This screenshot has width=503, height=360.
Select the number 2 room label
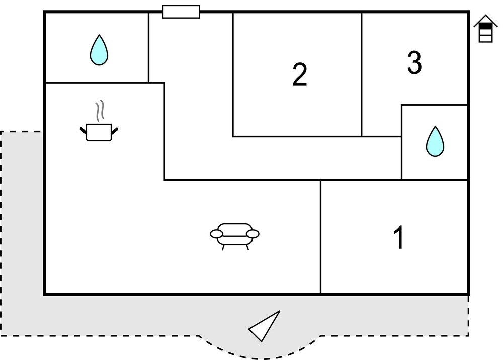click(299, 75)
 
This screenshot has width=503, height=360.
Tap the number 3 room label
click(414, 63)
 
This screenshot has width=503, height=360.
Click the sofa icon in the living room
click(234, 235)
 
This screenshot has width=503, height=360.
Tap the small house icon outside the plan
click(485, 30)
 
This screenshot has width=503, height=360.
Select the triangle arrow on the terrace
click(266, 326)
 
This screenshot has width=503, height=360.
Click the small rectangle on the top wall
click(181, 12)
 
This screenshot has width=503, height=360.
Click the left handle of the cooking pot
click(83, 131)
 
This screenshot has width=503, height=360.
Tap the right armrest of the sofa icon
click(253, 233)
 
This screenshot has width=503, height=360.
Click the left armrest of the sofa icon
click(216, 234)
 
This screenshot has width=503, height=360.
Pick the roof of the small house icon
click(485, 20)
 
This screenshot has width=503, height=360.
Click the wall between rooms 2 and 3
click(362, 75)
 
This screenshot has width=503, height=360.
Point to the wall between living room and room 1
click(321, 236)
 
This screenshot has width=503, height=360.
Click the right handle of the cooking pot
click(115, 131)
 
